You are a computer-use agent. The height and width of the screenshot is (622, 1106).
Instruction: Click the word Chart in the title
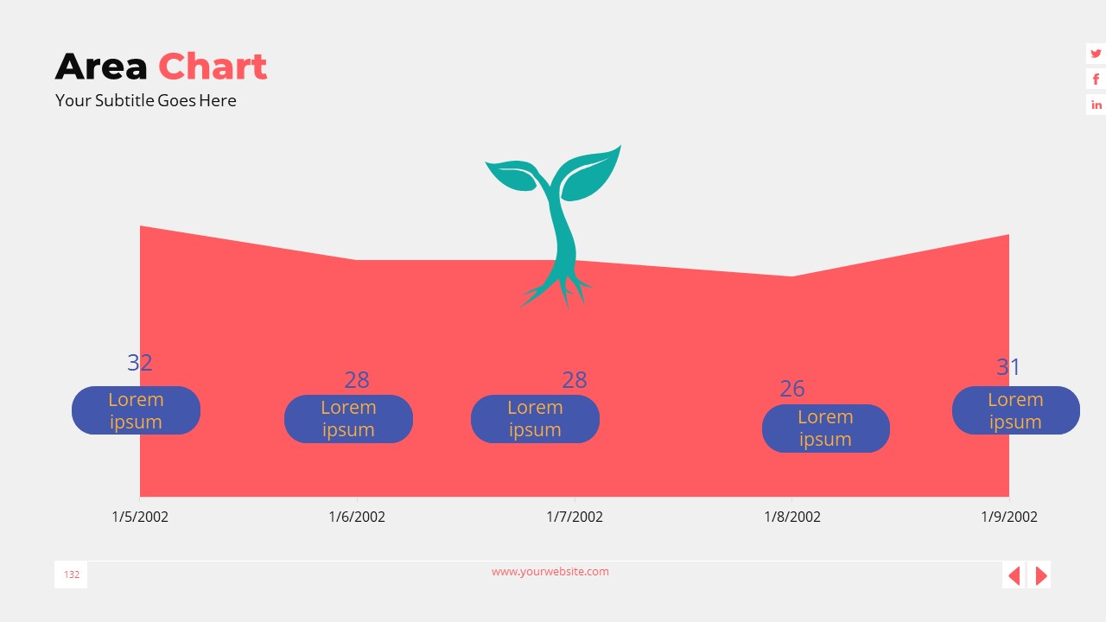213,67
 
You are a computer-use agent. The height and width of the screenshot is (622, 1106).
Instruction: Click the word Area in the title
101,67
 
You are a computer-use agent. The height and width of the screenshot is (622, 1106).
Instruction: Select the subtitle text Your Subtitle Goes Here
145,100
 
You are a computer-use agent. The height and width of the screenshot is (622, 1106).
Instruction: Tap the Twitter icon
1096,54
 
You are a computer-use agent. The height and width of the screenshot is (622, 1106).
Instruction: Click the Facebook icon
1096,79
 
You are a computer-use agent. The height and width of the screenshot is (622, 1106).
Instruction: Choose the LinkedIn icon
1096,105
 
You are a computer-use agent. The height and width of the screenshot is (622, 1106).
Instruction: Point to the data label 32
140,363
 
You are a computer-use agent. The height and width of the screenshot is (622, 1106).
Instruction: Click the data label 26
792,389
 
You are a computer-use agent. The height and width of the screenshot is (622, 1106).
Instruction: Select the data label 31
1008,367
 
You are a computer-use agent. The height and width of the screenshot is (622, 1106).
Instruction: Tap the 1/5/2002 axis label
140,517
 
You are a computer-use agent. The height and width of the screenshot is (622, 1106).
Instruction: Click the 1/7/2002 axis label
575,517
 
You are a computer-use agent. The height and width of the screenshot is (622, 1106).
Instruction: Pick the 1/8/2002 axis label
792,517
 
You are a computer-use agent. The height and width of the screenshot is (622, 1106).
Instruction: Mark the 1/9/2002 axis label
1009,517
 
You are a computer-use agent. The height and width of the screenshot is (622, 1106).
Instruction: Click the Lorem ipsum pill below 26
825,428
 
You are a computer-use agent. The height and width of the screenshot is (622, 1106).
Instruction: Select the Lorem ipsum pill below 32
136,410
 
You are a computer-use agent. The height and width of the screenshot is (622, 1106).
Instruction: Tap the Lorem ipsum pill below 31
1015,410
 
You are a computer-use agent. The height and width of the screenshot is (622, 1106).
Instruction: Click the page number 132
71,574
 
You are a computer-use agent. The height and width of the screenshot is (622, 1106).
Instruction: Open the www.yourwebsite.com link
550,571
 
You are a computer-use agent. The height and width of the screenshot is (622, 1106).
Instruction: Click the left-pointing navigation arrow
1014,575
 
